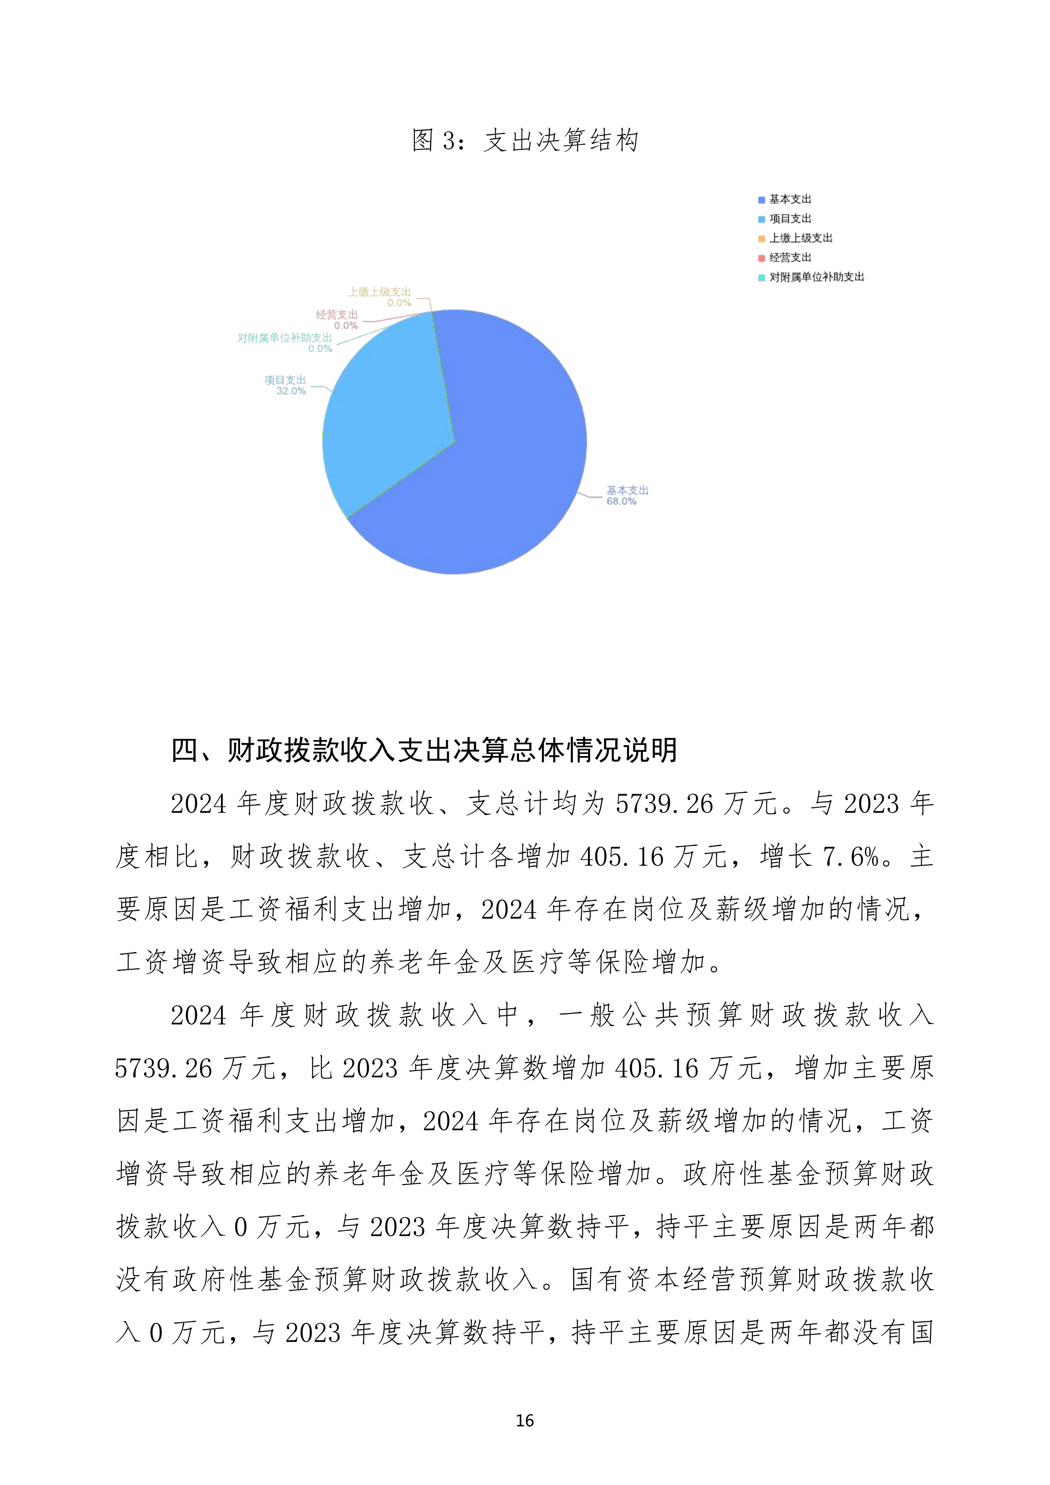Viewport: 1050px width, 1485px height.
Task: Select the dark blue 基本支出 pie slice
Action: point(492,466)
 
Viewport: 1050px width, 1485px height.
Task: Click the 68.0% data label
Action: point(621,501)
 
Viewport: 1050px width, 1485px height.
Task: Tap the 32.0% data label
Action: point(291,391)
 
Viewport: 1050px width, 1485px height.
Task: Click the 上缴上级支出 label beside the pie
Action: point(380,292)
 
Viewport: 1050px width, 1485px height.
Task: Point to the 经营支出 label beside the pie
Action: point(337,315)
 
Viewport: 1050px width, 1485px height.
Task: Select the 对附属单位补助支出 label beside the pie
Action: point(285,338)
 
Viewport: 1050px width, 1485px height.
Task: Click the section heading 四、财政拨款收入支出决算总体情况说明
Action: point(424,750)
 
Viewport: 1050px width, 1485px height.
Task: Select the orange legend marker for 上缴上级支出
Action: point(761,239)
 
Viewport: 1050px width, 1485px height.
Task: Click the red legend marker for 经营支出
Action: point(761,258)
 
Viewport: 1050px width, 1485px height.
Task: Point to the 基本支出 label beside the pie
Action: point(627,490)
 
